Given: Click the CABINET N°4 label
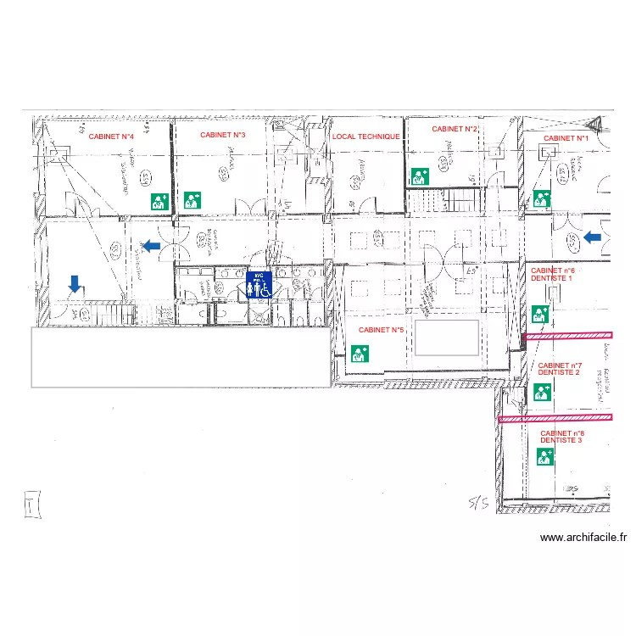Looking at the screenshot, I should pyautogui.click(x=112, y=136).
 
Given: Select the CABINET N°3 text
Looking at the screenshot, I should pyautogui.click(x=223, y=135).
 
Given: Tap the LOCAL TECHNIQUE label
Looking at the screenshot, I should pyautogui.click(x=365, y=136).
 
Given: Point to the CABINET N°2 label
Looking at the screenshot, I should pyautogui.click(x=455, y=129).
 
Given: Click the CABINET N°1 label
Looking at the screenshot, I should pyautogui.click(x=566, y=137).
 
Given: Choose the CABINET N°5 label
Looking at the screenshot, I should pyautogui.click(x=381, y=330).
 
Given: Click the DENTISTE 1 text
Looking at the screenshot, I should pyautogui.click(x=552, y=278).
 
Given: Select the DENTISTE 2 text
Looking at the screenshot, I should pyautogui.click(x=559, y=372).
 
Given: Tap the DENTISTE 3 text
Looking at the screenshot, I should pyautogui.click(x=561, y=441).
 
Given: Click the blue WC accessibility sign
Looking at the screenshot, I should pyautogui.click(x=259, y=285).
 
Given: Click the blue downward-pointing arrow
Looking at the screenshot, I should pyautogui.click(x=75, y=283).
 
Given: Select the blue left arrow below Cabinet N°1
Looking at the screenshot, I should pyautogui.click(x=594, y=237).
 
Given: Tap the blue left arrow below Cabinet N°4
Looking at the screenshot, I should pyautogui.click(x=150, y=246).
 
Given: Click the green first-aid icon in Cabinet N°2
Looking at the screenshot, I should pyautogui.click(x=419, y=176).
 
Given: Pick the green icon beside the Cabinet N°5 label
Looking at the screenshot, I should pyautogui.click(x=359, y=353).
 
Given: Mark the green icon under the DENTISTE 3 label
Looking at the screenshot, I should pyautogui.click(x=544, y=457).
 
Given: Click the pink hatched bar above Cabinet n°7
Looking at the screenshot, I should pyautogui.click(x=567, y=338).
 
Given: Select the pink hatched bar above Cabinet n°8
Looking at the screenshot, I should pyautogui.click(x=555, y=417).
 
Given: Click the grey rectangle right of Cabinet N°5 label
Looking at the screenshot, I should pyautogui.click(x=447, y=338).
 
